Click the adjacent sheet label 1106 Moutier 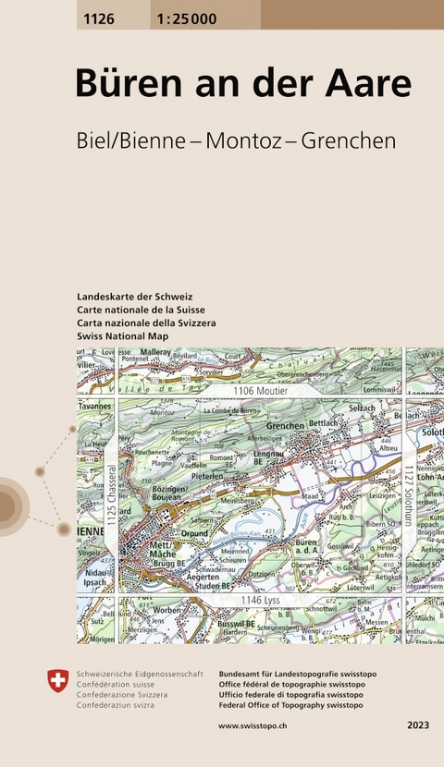(x=262, y=392)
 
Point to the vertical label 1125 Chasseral (x=109, y=497)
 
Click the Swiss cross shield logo (x=57, y=681)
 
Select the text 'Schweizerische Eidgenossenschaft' (x=140, y=675)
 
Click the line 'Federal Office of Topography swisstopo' (x=290, y=705)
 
